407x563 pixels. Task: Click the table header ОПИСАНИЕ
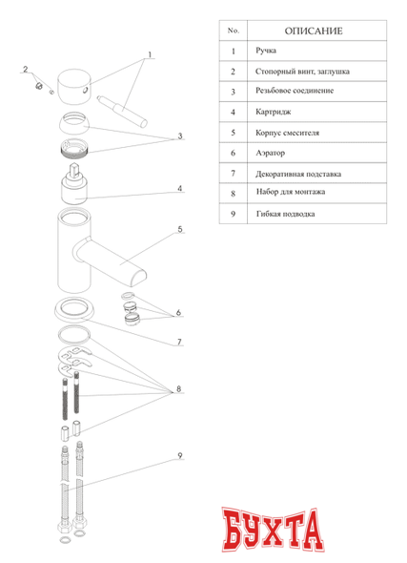pyautogui.click(x=314, y=31)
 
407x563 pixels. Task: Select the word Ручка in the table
pyautogui.click(x=266, y=51)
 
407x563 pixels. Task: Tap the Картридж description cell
pyautogui.click(x=316, y=112)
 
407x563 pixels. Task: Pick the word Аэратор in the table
pyautogui.click(x=270, y=153)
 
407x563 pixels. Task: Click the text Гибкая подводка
pyautogui.click(x=285, y=214)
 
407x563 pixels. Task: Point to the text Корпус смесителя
pyautogui.click(x=287, y=133)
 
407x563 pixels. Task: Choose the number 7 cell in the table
pyautogui.click(x=234, y=174)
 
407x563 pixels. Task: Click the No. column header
pyautogui.click(x=234, y=31)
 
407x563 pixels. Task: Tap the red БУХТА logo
pyautogui.click(x=274, y=530)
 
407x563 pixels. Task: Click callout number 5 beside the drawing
pyautogui.click(x=180, y=229)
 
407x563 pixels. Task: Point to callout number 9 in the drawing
pyautogui.click(x=180, y=455)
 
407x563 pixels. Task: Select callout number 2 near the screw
pyautogui.click(x=26, y=69)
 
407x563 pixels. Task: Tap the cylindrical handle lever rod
pyautogui.click(x=122, y=112)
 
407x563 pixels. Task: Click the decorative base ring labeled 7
pyautogui.click(x=74, y=310)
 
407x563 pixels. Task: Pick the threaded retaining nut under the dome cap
pyautogui.click(x=74, y=148)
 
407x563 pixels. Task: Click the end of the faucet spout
pyautogui.click(x=138, y=278)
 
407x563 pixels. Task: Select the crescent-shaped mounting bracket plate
pyautogui.click(x=75, y=357)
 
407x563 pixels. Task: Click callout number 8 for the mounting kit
pyautogui.click(x=178, y=389)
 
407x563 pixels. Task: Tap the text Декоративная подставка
pyautogui.click(x=298, y=174)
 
